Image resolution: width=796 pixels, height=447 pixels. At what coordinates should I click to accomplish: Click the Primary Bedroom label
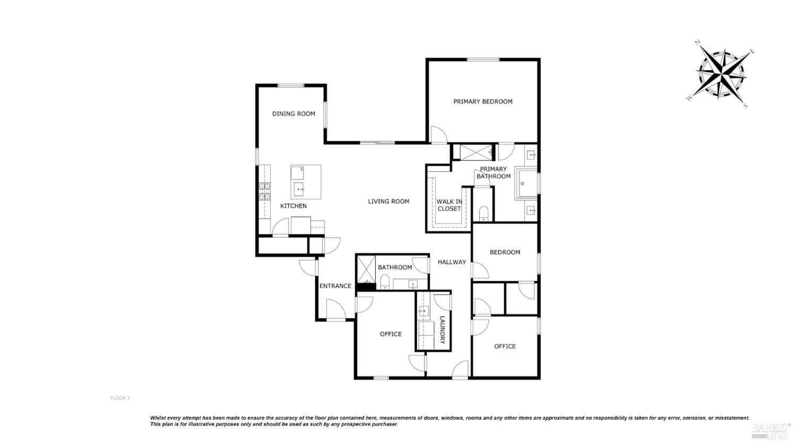[x=482, y=102]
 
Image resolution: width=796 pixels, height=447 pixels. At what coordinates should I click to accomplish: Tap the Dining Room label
[x=293, y=114]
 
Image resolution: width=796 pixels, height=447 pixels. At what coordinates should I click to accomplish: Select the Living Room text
[x=388, y=201]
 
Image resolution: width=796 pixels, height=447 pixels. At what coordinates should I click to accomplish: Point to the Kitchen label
[x=293, y=206]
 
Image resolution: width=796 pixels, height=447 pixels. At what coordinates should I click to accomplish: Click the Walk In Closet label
[x=449, y=205]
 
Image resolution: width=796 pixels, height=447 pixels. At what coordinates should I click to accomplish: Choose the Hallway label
[x=452, y=262]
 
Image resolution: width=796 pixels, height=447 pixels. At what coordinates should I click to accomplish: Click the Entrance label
[x=335, y=286]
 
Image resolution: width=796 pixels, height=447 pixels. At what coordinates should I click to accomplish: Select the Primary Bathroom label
[x=493, y=173]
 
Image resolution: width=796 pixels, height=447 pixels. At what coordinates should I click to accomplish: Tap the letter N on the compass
[x=698, y=44]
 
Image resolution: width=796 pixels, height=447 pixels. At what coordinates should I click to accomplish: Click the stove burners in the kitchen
[x=264, y=192]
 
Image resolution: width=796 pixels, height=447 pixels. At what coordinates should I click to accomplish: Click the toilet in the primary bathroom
[x=483, y=213]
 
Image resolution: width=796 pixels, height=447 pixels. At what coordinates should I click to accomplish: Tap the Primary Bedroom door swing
[x=438, y=135]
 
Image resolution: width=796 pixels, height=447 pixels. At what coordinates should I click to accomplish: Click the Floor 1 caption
[x=120, y=398]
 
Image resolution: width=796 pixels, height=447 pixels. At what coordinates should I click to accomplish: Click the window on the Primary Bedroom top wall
[x=483, y=59]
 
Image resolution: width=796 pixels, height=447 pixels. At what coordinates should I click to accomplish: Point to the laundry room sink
[x=423, y=312]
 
